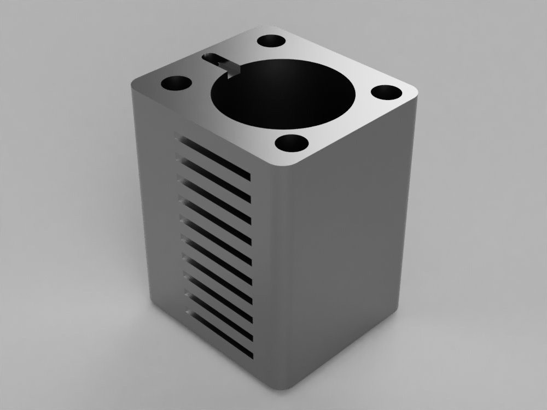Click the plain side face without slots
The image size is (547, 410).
click(x=345, y=246)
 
